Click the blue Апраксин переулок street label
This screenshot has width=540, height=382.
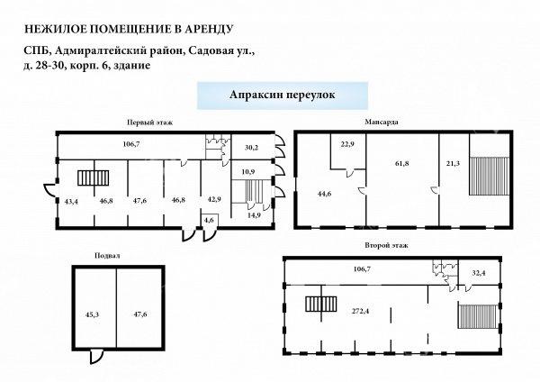[282, 95]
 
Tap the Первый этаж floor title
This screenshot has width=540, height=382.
[149, 122]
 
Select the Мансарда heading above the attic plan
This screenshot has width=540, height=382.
[382, 122]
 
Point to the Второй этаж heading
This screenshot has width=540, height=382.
[386, 245]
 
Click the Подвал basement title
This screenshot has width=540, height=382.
[107, 256]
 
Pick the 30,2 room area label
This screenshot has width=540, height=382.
[251, 148]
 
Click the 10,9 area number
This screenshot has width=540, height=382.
[249, 171]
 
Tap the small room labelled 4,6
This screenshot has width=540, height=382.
[209, 221]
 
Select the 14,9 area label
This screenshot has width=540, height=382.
[254, 216]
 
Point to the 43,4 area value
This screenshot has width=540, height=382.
[71, 202]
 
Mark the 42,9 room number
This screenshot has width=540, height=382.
[214, 199]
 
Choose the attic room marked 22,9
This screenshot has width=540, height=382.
[347, 144]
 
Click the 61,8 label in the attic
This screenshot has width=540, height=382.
[402, 163]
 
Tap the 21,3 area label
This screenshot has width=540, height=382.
[453, 163]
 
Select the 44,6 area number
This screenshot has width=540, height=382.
[324, 194]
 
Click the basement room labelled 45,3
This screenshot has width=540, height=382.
[93, 314]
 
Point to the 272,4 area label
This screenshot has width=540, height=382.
[360, 311]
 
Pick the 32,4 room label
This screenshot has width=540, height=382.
[479, 274]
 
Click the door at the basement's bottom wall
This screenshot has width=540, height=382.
[96, 356]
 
